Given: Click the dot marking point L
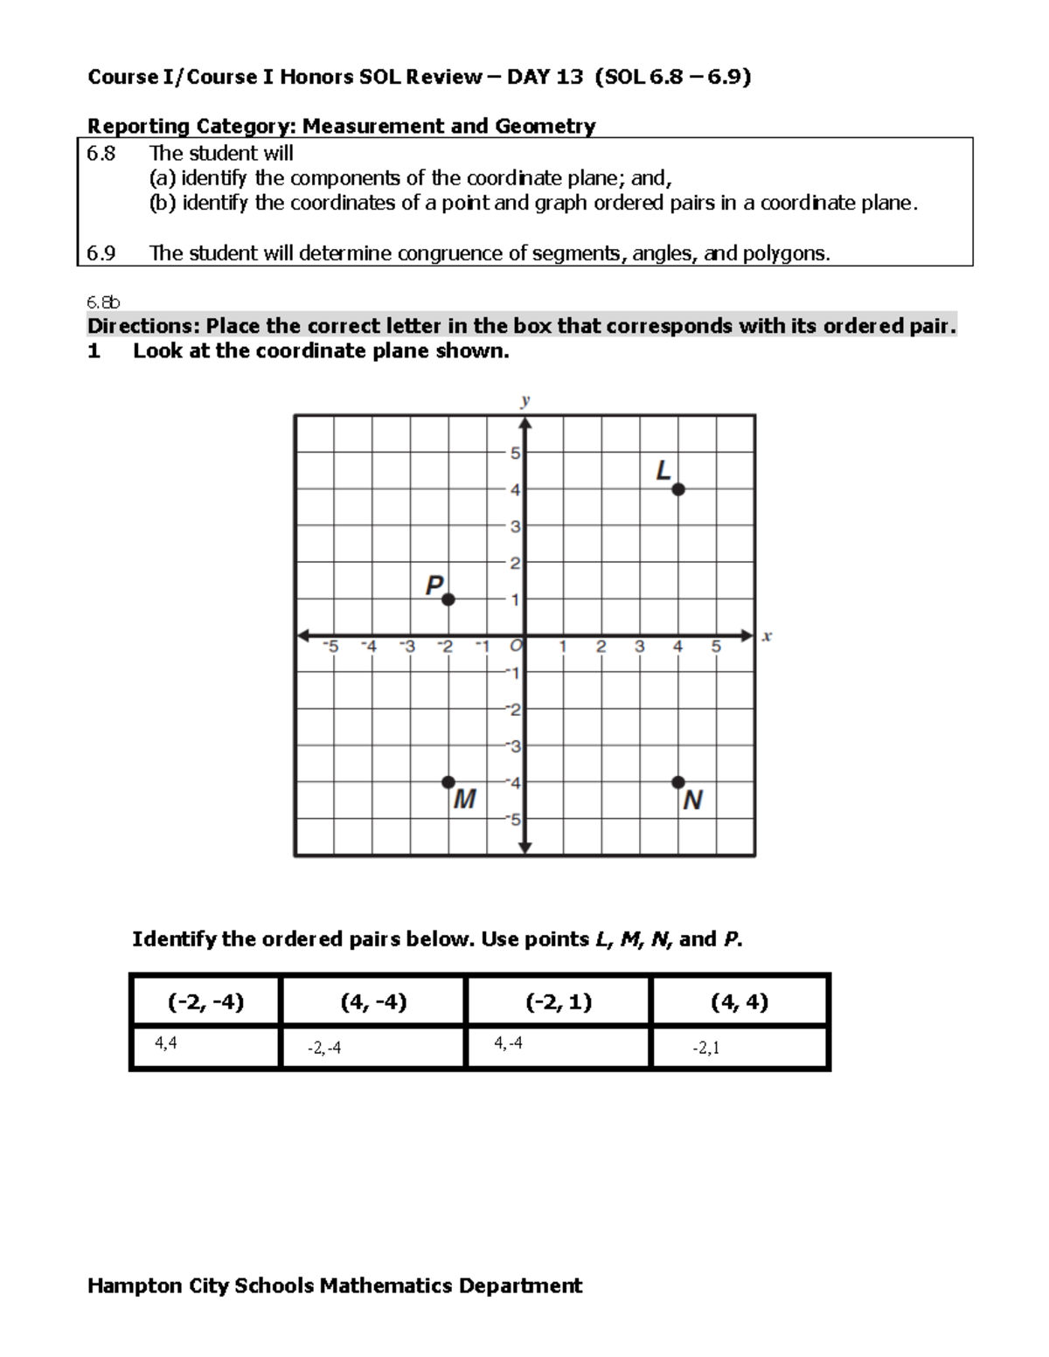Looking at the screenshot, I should click(x=678, y=489).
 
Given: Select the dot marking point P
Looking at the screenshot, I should click(x=448, y=599).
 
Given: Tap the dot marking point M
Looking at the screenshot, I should click(x=448, y=782).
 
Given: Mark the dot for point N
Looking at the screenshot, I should click(x=678, y=782).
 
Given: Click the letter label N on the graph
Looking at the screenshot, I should click(x=692, y=800).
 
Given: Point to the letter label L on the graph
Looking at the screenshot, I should click(x=663, y=472).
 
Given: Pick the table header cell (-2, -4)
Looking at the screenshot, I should click(x=205, y=1001).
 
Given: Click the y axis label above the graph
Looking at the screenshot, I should click(x=525, y=401).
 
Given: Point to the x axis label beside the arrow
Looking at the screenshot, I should click(x=767, y=637).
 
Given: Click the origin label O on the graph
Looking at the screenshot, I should click(x=516, y=647).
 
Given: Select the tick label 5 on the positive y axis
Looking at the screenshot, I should click(x=516, y=453).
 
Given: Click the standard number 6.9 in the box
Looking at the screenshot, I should click(x=101, y=253).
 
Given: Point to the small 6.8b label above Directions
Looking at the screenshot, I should click(x=103, y=302).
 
